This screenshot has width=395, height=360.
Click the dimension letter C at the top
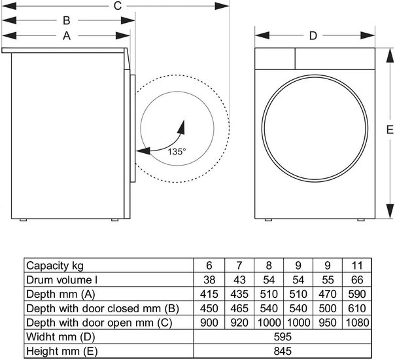tap(118, 6)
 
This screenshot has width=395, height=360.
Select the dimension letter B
tap(67, 20)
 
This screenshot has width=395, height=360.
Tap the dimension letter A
tap(67, 36)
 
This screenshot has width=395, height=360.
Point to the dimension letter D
tap(313, 36)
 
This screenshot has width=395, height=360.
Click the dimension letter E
tap(390, 130)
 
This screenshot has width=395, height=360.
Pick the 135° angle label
tap(177, 152)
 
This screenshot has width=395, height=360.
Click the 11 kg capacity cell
tap(357, 266)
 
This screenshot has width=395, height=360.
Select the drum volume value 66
tap(357, 280)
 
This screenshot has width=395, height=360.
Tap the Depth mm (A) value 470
tap(328, 294)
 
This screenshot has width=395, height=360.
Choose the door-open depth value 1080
tap(357, 323)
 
